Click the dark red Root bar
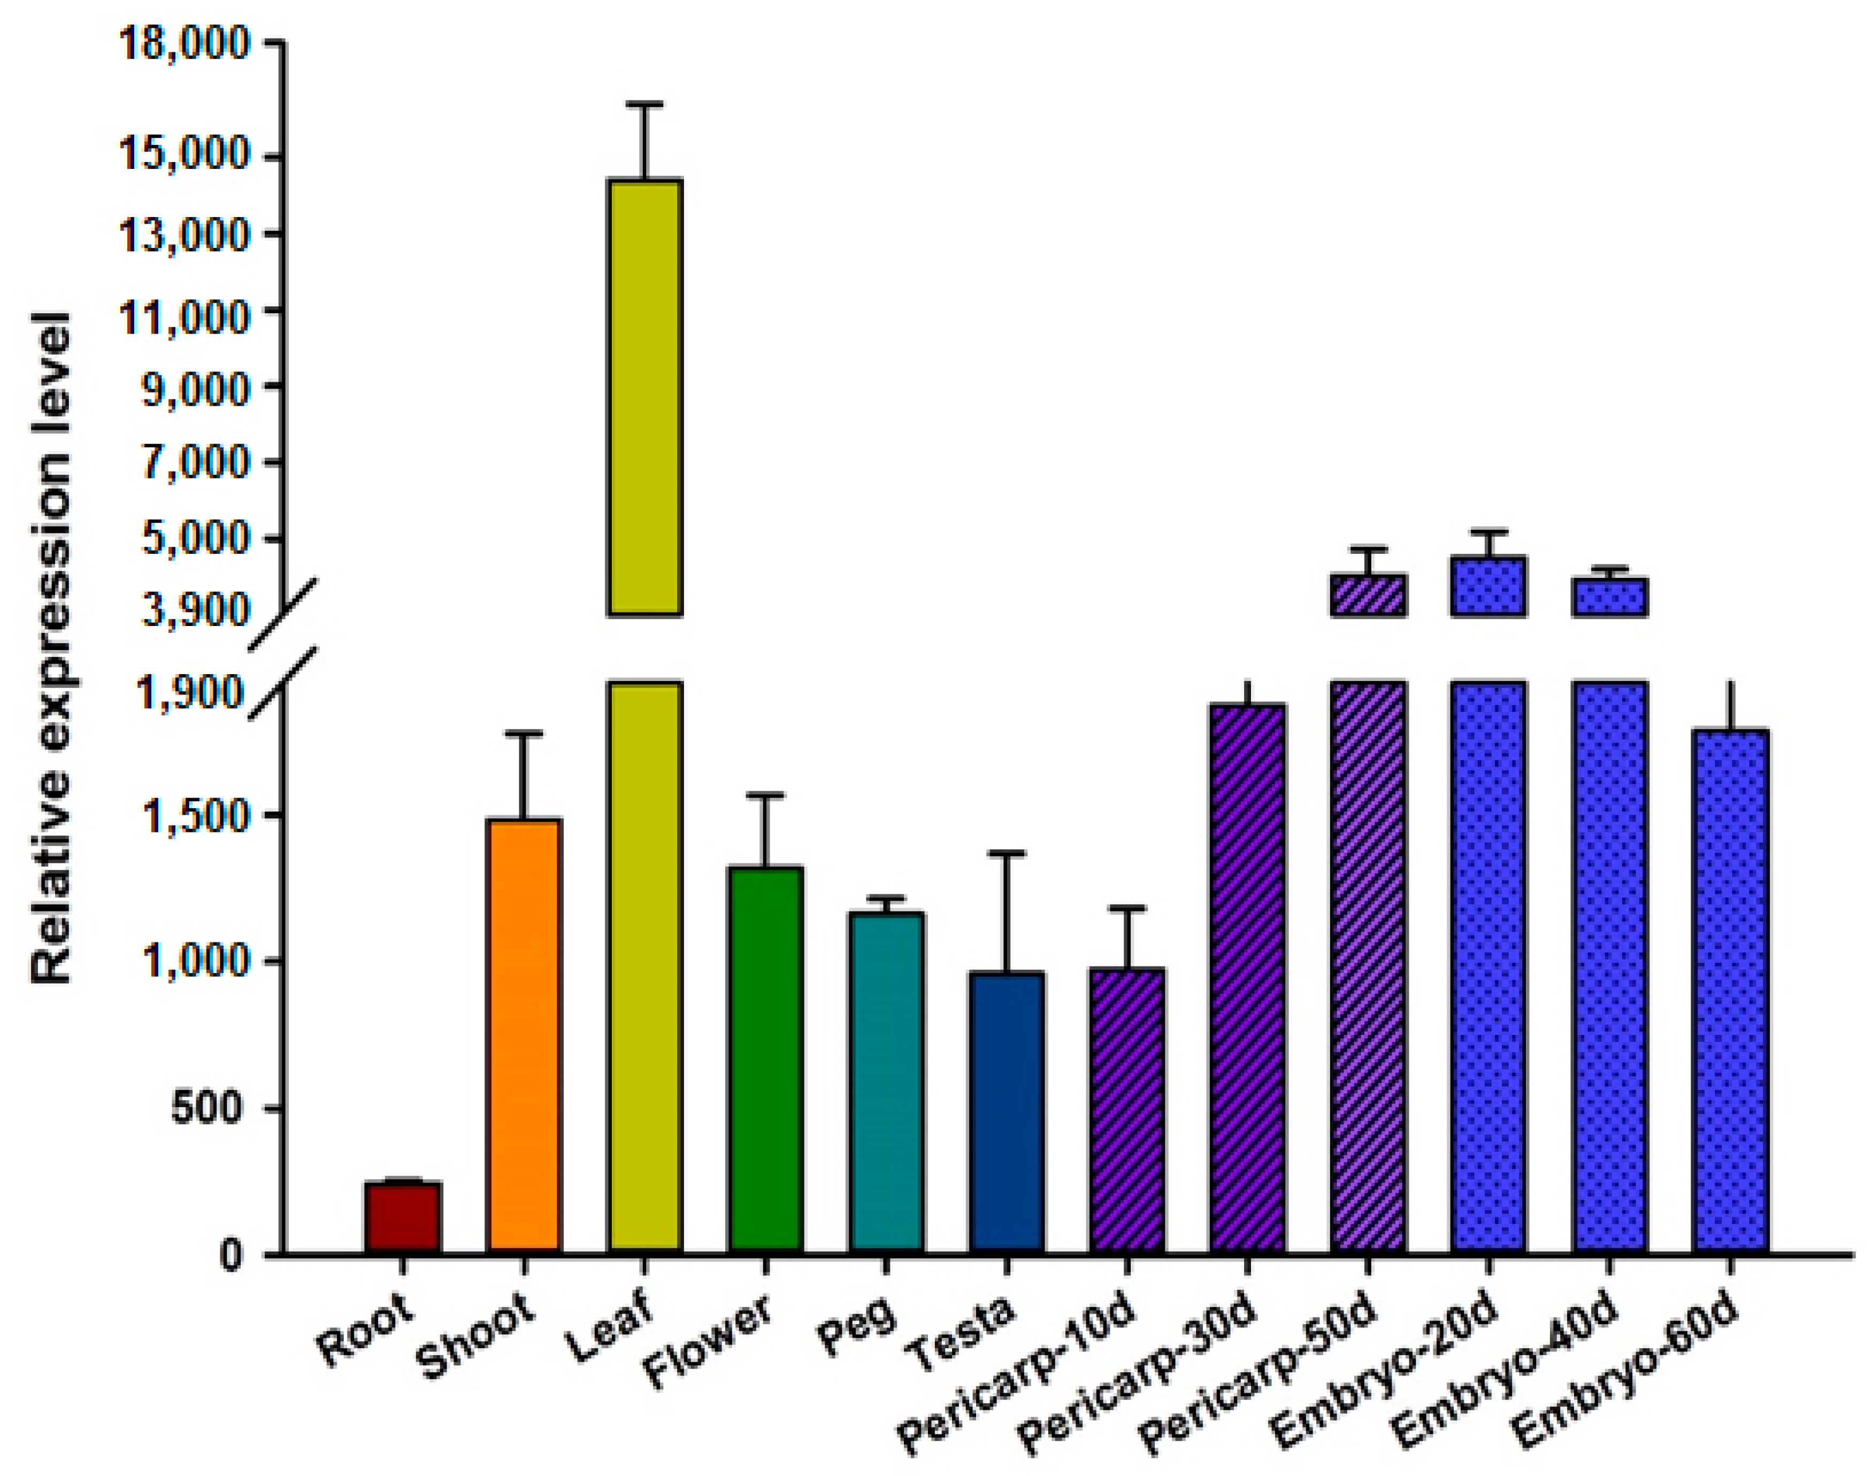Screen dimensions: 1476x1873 [403, 1218]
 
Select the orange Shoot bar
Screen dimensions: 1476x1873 [524, 1035]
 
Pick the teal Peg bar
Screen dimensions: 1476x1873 [886, 1082]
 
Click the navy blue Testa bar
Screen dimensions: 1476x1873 [1007, 1111]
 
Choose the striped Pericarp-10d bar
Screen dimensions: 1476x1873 [1127, 1110]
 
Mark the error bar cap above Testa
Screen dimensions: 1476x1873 [1007, 853]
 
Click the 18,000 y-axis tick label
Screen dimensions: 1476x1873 [184, 43]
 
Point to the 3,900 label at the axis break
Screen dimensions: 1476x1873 [195, 610]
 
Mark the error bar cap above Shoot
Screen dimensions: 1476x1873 [524, 733]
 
